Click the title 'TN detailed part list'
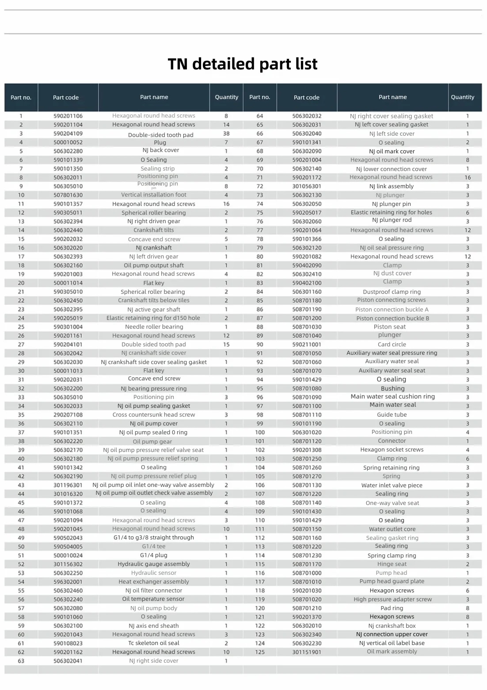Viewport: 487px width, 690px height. [243, 64]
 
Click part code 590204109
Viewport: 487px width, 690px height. [68, 133]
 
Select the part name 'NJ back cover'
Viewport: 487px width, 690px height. [161, 150]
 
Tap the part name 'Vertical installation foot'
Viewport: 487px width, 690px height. [154, 195]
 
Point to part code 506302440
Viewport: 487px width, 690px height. [68, 230]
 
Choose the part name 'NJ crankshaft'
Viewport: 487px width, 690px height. [154, 248]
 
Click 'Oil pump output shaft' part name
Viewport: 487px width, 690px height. [154, 265]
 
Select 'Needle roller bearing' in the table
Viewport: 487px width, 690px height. [154, 327]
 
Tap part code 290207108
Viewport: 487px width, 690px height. [68, 415]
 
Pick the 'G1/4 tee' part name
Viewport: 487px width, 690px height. [154, 546]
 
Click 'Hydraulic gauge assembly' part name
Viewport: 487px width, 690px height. [154, 564]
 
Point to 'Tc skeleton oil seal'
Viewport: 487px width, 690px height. [154, 643]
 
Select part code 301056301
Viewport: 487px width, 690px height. [307, 186]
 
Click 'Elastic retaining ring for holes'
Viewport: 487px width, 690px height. [392, 212]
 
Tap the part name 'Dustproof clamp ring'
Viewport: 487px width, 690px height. [392, 292]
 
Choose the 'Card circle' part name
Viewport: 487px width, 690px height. [392, 345]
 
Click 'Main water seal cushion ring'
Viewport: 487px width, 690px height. [392, 397]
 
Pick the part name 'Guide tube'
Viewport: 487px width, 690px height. [392, 415]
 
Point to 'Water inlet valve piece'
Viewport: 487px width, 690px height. [392, 485]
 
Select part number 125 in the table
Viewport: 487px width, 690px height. [260, 652]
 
